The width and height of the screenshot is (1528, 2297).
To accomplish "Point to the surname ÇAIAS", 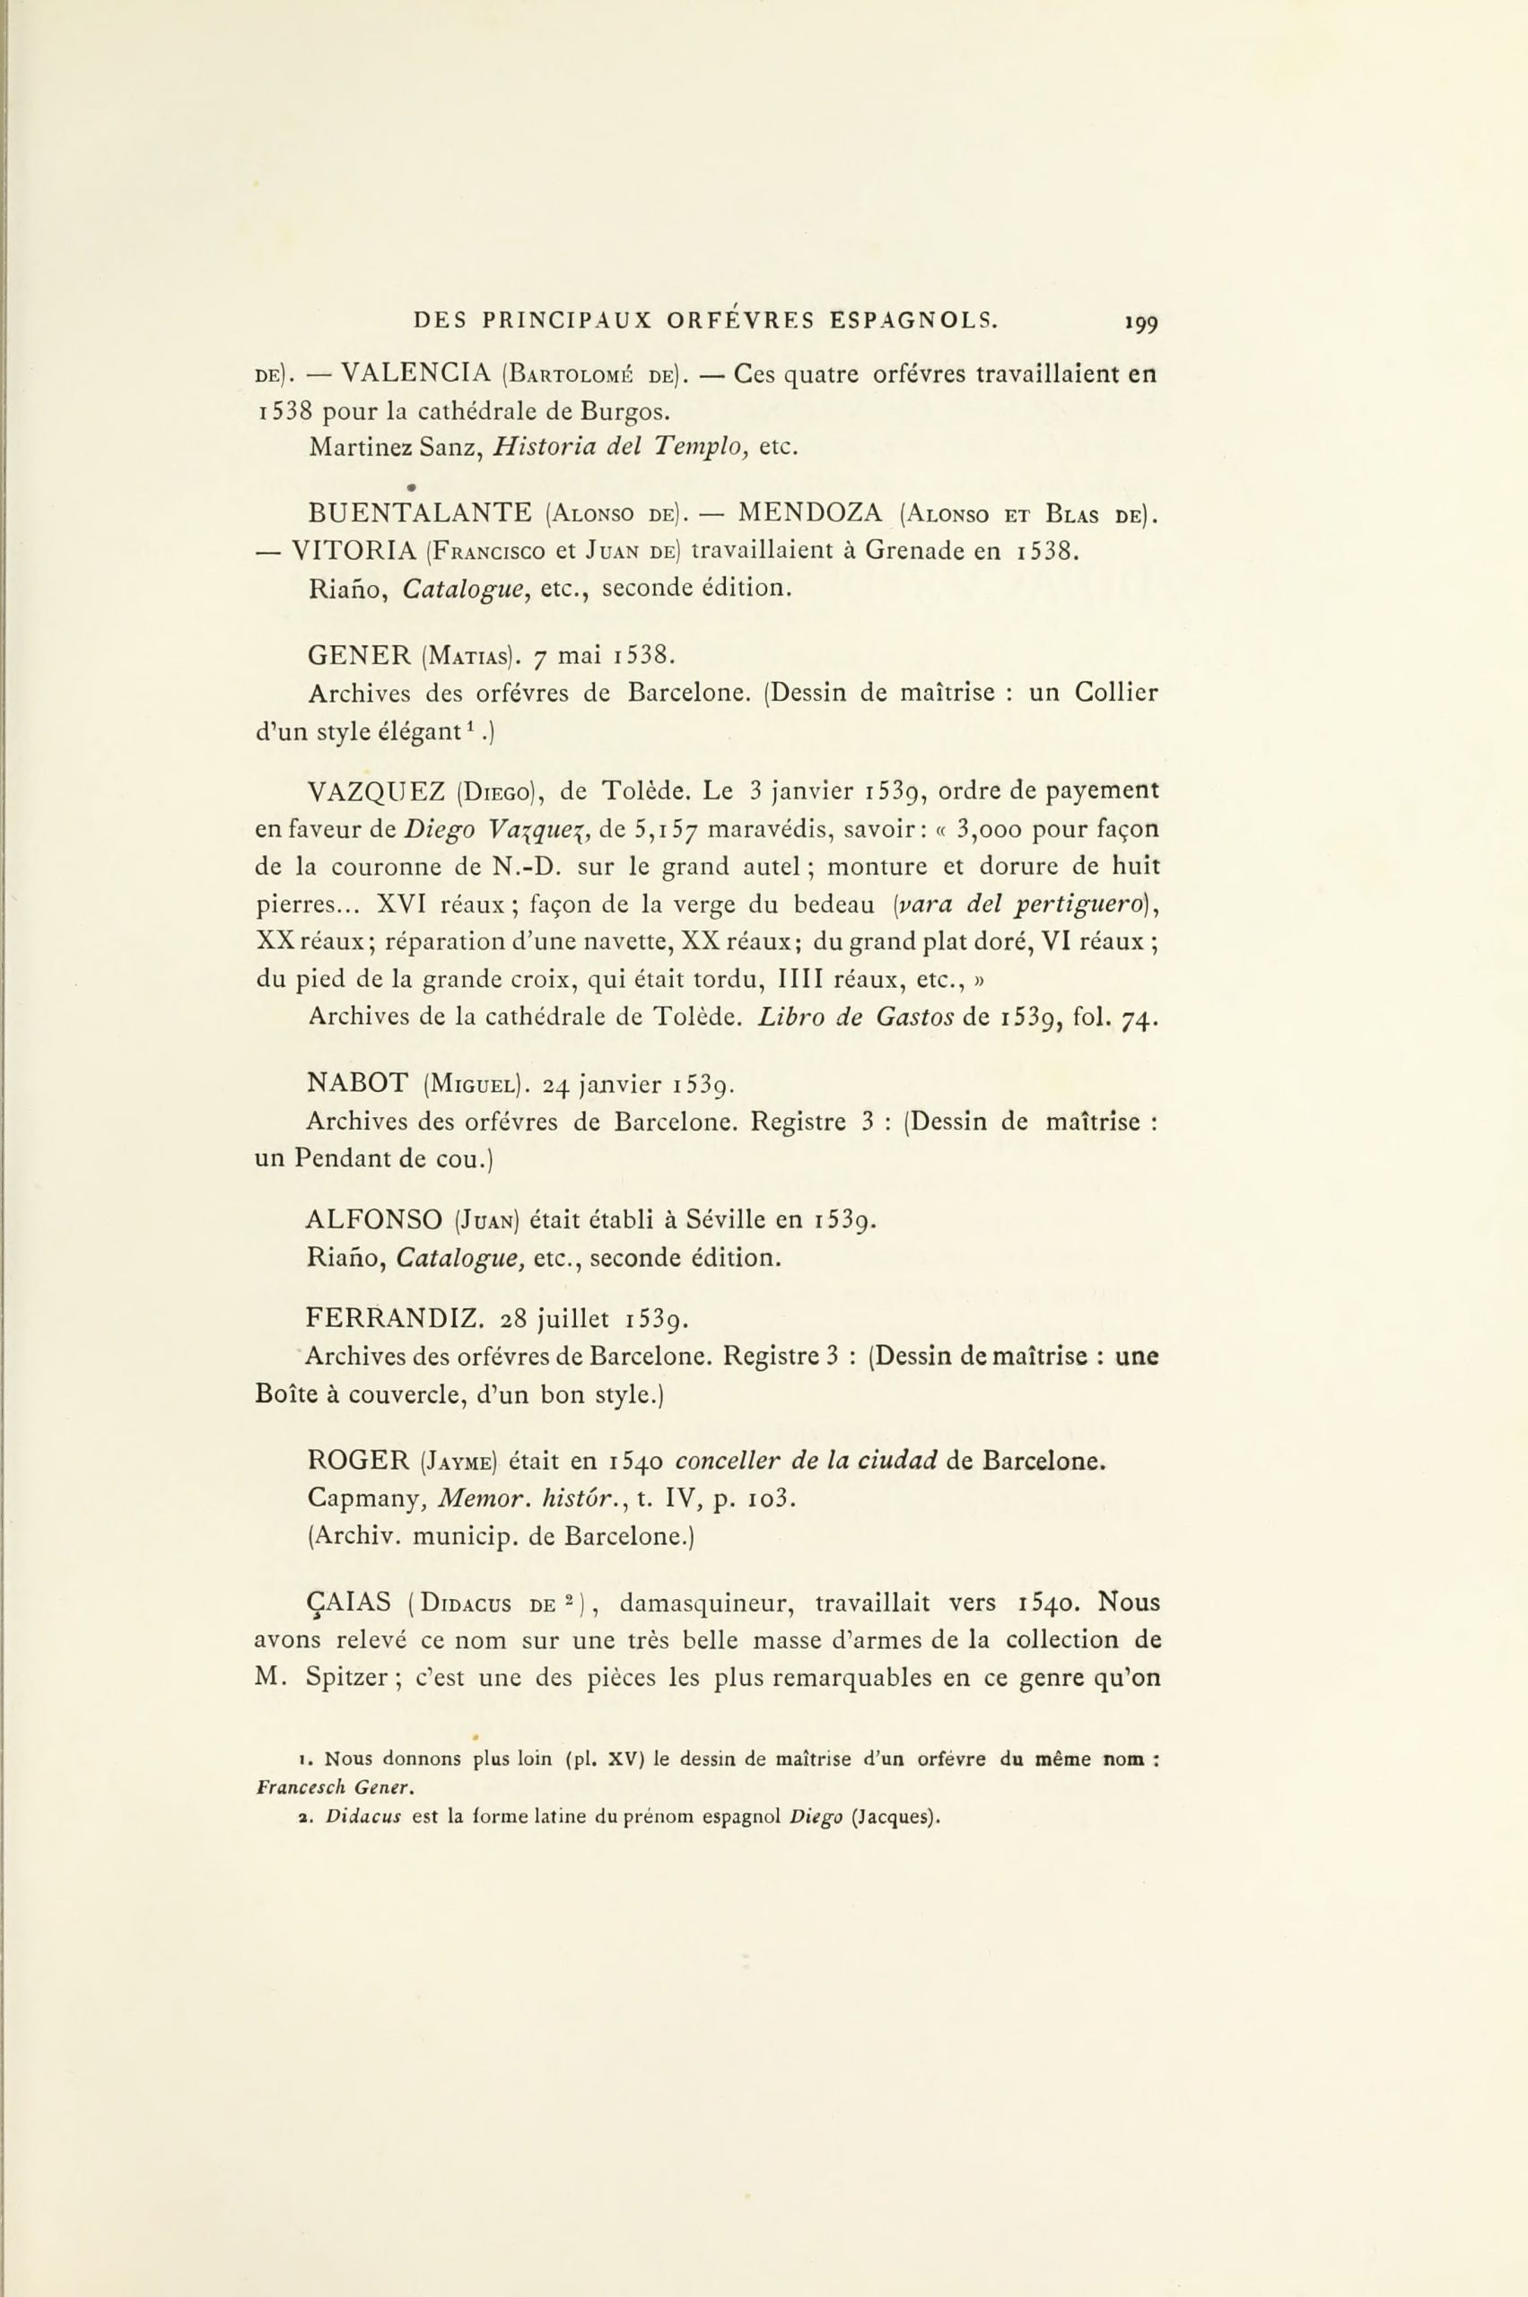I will (x=349, y=1603).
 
